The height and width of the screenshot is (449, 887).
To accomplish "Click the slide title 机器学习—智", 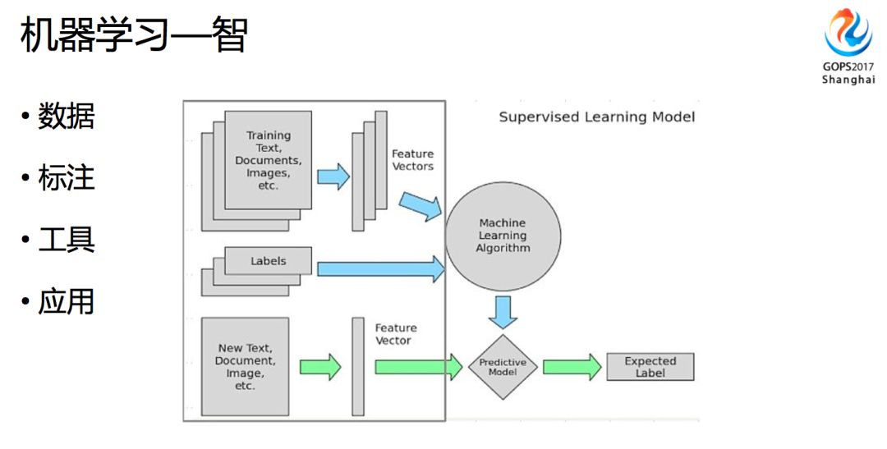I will pos(133,37).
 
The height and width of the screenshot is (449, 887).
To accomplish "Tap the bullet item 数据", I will pos(66,117).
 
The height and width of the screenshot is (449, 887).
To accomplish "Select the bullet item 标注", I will pos(66,177).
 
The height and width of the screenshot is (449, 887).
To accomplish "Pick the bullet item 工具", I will pos(66,239).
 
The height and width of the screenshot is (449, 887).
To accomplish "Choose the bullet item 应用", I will pos(66,302).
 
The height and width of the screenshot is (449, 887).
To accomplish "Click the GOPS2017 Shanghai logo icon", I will pos(848,33).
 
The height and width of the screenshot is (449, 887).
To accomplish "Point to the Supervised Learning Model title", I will pos(596,117).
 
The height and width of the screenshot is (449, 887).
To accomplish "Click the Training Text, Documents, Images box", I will pos(268,160).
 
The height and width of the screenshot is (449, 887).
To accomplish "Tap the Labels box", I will pos(268,261).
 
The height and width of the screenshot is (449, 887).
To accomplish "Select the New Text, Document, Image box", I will pos(245,366).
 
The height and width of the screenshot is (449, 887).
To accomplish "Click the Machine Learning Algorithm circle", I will pos(503,236).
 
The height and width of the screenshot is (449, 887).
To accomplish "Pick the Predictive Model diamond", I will pos(503,366).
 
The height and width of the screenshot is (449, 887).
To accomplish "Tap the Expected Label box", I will pos(650,367).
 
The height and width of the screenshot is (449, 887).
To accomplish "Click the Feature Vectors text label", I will pos(412,160).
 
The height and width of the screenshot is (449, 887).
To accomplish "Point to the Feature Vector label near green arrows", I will pos(396,334).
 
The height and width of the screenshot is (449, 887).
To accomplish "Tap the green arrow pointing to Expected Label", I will pos(572,366).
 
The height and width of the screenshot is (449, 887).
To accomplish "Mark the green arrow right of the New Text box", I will pos(319,366).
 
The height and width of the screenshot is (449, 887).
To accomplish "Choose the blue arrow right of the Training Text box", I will pos(333,176).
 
